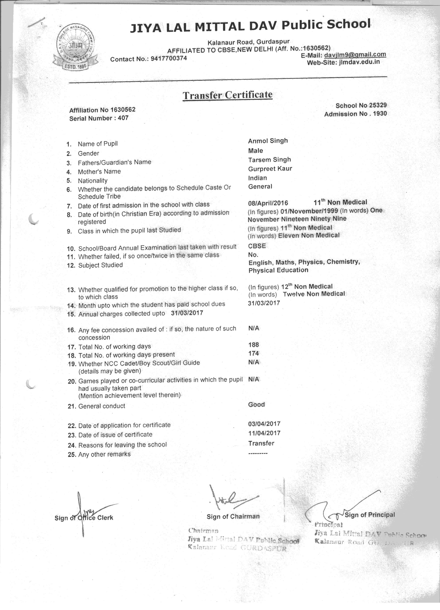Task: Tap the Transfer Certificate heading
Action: point(227,95)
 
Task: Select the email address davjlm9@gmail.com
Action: point(355,55)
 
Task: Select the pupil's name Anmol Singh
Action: point(268,141)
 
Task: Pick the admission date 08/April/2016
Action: point(268,203)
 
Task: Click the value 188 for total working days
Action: point(254,345)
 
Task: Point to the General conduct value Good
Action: point(256,405)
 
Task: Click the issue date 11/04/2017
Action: point(264,433)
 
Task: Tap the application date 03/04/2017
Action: point(264,424)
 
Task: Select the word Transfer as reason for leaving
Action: point(261,443)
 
